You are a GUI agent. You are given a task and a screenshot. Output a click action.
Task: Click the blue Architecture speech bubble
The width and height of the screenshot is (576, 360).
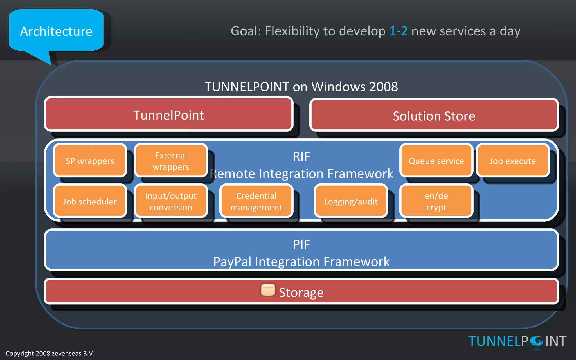pyautogui.click(x=56, y=31)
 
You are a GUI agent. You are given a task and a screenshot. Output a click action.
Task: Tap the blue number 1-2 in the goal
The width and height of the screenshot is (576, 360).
pyautogui.click(x=398, y=31)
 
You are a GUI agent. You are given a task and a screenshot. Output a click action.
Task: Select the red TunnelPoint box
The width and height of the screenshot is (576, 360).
pyautogui.click(x=169, y=115)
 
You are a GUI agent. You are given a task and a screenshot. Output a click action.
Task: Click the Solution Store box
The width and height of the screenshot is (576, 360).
pyautogui.click(x=434, y=116)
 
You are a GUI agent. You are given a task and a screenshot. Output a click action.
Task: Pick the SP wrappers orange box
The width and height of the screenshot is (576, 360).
pyautogui.click(x=90, y=161)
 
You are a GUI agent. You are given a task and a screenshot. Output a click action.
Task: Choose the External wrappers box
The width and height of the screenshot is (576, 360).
pyautogui.click(x=171, y=161)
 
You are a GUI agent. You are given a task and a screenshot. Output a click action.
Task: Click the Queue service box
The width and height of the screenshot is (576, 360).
pyautogui.click(x=436, y=161)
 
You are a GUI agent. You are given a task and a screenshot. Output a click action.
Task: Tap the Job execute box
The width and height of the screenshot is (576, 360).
pyautogui.click(x=513, y=161)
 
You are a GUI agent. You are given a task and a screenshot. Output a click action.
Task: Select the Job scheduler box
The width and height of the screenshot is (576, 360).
pyautogui.click(x=90, y=201)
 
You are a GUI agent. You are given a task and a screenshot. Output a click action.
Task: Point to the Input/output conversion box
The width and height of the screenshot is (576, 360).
pyautogui.click(x=171, y=201)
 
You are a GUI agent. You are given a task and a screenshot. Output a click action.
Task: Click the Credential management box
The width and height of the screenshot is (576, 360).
pyautogui.click(x=256, y=201)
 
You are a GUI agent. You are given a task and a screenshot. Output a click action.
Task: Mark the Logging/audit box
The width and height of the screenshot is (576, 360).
pyautogui.click(x=351, y=201)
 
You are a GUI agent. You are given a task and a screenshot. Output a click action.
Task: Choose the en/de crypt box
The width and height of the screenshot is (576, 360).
pyautogui.click(x=436, y=201)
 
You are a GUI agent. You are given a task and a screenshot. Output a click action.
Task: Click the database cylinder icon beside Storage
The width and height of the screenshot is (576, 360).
pyautogui.click(x=268, y=290)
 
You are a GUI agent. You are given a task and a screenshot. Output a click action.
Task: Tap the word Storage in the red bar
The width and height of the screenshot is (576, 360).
pyautogui.click(x=301, y=292)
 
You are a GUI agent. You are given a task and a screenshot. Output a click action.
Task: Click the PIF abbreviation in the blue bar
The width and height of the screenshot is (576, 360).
pyautogui.click(x=301, y=244)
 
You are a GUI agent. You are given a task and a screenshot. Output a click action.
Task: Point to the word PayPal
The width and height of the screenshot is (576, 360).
pyautogui.click(x=232, y=262)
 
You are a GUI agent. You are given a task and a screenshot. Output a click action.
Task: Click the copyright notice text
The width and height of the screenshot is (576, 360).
pyautogui.click(x=50, y=354)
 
